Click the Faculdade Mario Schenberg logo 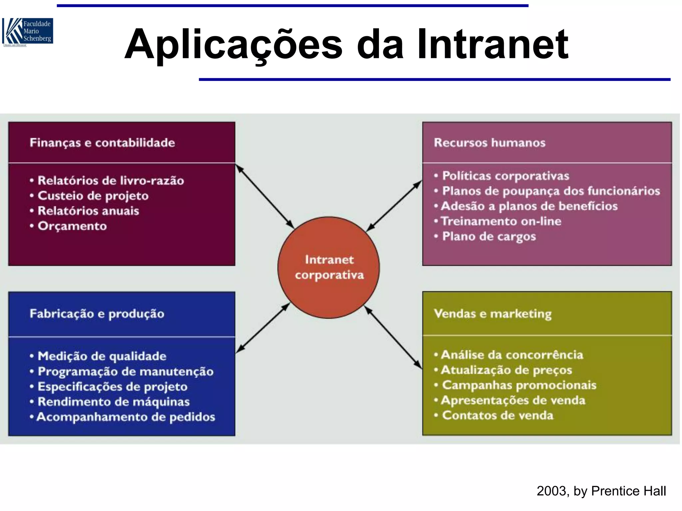pos(28,32)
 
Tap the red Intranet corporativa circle pos(329,267)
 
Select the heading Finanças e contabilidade pos(102,143)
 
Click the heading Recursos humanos pos(490,143)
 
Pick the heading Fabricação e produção pos(97,314)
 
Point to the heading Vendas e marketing pos(493,314)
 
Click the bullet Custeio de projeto pos(93,196)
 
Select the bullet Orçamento pos(72,226)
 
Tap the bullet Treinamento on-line pos(501,221)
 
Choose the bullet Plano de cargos pos(489,237)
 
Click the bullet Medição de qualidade pos(102,356)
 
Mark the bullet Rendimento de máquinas pos(114,402)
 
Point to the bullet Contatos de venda pos(498,416)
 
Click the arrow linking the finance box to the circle pos(265,196)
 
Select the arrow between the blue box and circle pos(263,328)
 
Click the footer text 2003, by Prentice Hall pos(601,491)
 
